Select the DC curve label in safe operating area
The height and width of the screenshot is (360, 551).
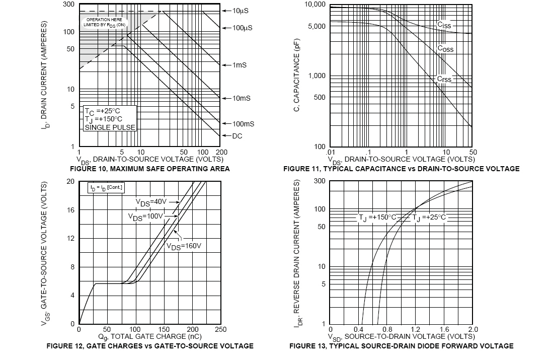tap(238, 136)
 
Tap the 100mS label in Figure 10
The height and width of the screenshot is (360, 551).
tap(243, 124)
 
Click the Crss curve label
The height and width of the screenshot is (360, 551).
tap(444, 79)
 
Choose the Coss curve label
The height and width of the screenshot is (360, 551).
tap(445, 49)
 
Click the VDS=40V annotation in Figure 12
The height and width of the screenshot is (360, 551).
tap(151, 202)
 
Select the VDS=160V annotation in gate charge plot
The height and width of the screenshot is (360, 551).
tap(184, 246)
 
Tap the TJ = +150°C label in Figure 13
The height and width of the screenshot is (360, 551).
tap(377, 218)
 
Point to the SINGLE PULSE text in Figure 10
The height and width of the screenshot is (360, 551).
tap(110, 128)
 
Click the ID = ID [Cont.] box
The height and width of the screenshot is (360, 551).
tap(106, 187)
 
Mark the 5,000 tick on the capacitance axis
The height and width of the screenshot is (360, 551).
tap(316, 26)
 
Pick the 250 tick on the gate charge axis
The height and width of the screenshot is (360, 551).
tap(220, 330)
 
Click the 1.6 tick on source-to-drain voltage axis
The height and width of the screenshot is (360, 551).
tap(444, 330)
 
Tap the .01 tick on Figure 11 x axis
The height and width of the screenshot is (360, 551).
tap(330, 153)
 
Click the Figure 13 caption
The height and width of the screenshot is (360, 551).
tap(401, 346)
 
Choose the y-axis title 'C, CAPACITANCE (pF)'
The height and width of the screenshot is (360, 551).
tap(297, 76)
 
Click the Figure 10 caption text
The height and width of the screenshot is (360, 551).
tap(150, 169)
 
